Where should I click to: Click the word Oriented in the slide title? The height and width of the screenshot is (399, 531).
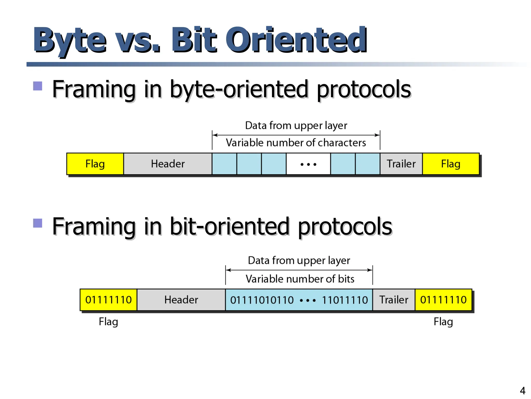pos(296,40)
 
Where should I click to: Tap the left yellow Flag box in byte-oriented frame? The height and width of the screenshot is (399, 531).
pos(95,164)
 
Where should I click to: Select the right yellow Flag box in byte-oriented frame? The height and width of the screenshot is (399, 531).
pos(451,164)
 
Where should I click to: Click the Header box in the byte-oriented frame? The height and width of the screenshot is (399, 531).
pos(168,164)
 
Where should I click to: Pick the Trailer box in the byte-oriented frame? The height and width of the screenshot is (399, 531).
pos(401,164)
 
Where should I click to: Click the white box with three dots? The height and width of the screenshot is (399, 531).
pos(308,164)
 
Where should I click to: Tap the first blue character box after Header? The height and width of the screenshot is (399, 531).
pos(224,164)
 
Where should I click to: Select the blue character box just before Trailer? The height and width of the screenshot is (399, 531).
pos(368,164)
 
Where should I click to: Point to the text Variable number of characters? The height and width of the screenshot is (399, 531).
pos(296,143)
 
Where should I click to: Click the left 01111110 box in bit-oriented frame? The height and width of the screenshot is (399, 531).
pos(108,300)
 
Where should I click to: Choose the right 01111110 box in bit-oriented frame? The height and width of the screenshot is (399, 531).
pos(443,300)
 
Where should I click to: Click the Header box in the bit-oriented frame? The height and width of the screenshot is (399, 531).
pos(181,300)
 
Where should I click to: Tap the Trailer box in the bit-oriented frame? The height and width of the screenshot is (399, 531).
pos(394,300)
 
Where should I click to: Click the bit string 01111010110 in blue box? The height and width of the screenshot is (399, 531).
pos(262,300)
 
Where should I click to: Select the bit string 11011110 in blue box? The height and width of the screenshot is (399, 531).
pos(345,300)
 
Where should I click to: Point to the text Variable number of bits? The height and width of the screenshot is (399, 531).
pos(300,279)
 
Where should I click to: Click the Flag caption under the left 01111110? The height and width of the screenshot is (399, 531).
pos(108,322)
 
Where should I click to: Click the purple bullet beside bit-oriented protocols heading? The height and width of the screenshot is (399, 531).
pos(38,223)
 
